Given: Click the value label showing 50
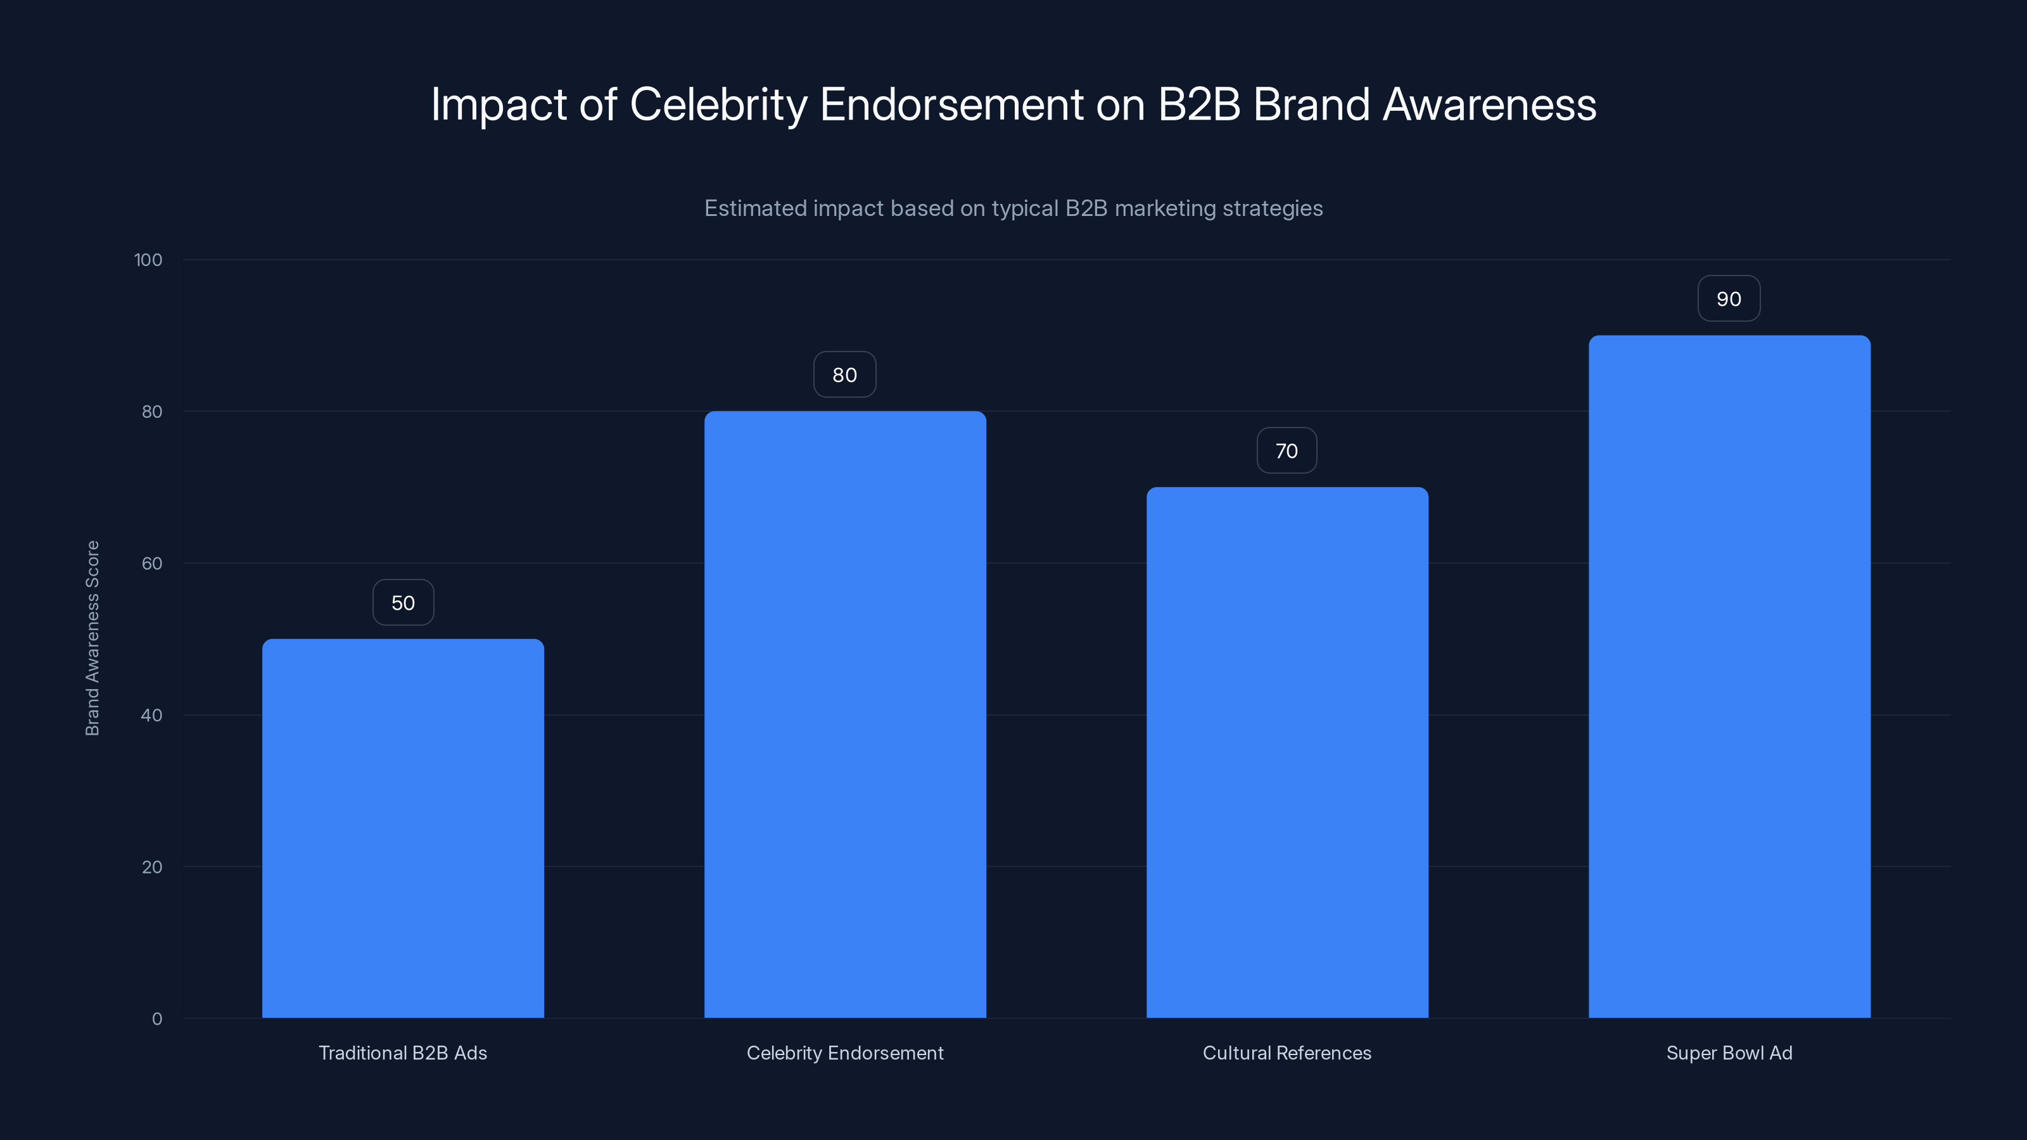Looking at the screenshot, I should point(403,603).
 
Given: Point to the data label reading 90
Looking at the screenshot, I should point(1729,299).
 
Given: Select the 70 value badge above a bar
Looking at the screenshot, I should point(1287,451).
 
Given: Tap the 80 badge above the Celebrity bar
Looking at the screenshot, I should point(844,376).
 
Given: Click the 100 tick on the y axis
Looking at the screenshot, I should point(148,260).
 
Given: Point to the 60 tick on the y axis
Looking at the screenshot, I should point(152,563).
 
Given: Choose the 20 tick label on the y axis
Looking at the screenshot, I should point(152,867).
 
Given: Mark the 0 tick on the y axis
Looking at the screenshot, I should point(156,1019).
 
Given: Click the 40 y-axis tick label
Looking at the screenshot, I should point(152,715).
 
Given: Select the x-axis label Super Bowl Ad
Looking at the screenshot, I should point(1729,1053).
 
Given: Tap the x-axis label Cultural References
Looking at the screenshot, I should point(1287,1053).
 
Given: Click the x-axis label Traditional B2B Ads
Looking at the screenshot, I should point(403,1053).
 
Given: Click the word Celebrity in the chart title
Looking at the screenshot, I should point(718,104).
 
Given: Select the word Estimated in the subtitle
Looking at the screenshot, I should point(754,208).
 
